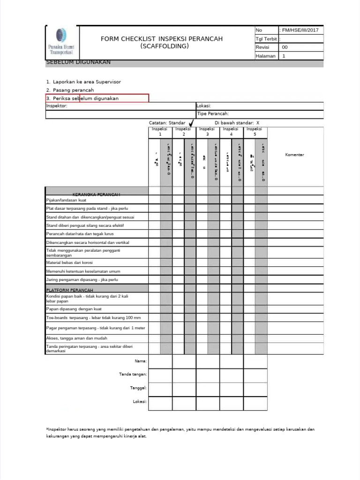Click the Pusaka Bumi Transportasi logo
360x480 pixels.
(x=62, y=43)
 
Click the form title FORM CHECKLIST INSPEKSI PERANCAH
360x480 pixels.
(x=162, y=38)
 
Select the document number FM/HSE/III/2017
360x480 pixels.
(x=300, y=30)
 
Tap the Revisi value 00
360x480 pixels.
(x=285, y=47)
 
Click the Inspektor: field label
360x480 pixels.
(x=57, y=106)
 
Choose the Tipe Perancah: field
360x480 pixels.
(x=213, y=113)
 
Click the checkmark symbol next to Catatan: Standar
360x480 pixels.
(x=191, y=122)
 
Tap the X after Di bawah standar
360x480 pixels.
(x=258, y=122)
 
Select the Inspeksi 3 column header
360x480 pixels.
(x=207, y=131)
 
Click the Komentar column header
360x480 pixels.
(x=295, y=155)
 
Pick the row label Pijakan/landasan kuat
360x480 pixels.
(x=66, y=200)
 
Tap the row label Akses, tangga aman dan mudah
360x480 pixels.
(x=76, y=338)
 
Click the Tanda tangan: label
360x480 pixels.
(x=133, y=374)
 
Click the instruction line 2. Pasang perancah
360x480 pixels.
(x=70, y=90)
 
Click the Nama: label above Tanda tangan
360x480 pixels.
(x=141, y=361)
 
